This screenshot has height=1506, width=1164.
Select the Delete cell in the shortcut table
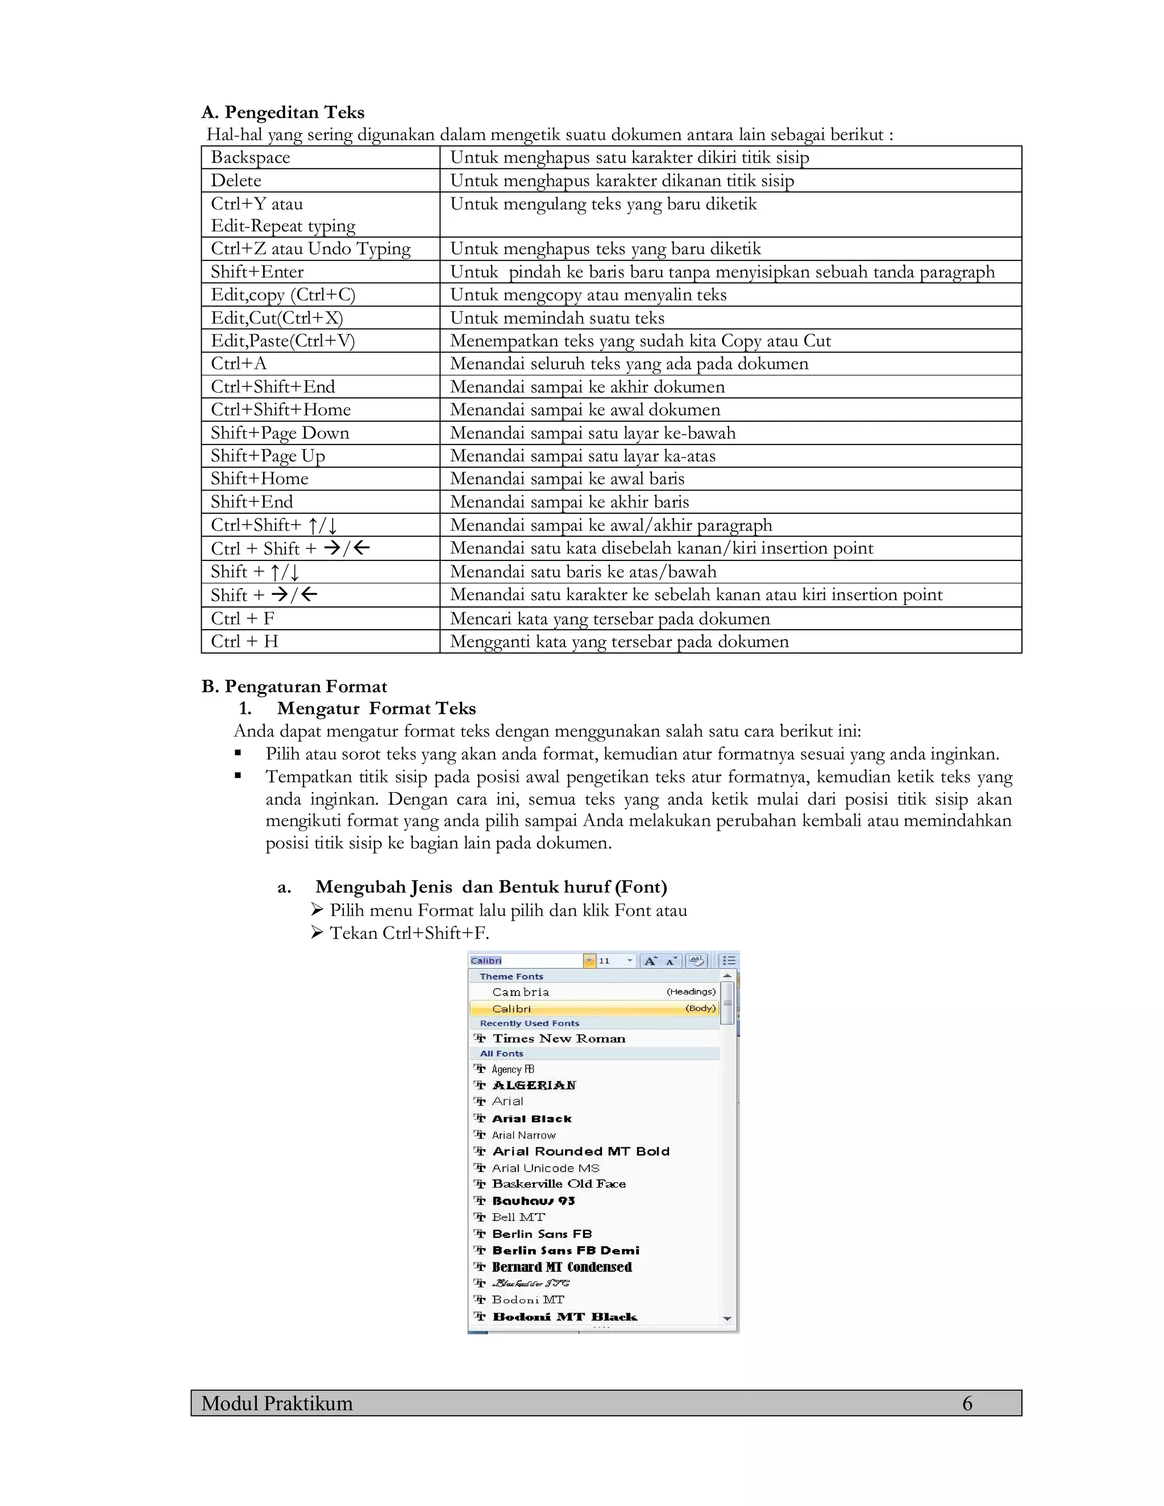(x=236, y=181)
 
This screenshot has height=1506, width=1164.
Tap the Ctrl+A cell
(x=239, y=363)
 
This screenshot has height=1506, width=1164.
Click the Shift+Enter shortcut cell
(x=257, y=272)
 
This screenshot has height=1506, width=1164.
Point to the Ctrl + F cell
(x=243, y=618)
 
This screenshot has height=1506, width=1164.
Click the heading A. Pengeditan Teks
(x=282, y=113)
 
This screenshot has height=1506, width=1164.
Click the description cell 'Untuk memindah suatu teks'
(x=557, y=318)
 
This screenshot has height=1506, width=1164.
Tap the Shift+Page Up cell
(x=268, y=456)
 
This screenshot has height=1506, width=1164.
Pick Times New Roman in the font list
(x=559, y=1038)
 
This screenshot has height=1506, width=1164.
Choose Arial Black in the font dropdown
(x=531, y=1118)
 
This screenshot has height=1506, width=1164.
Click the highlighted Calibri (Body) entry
(x=593, y=1008)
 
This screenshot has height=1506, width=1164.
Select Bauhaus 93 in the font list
(x=533, y=1200)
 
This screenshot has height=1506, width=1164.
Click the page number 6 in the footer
(x=967, y=1403)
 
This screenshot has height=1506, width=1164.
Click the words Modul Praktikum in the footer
(x=277, y=1403)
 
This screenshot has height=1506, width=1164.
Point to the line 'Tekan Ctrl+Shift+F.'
(x=409, y=933)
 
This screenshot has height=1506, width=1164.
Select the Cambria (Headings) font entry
(x=593, y=992)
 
